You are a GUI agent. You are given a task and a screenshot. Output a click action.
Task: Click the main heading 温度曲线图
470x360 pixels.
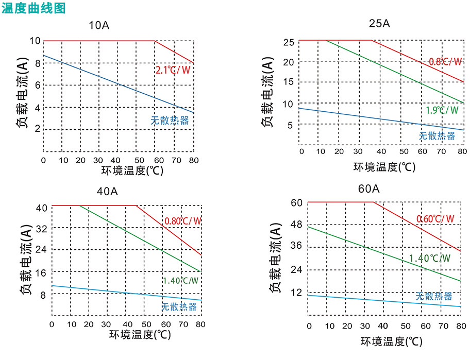point(34,8)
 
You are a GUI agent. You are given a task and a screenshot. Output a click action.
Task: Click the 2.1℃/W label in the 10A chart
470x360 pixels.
point(173,70)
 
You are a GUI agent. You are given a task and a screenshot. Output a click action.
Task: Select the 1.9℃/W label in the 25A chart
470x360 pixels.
point(442,110)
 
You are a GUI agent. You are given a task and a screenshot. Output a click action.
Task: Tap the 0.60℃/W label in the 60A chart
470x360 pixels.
point(435,218)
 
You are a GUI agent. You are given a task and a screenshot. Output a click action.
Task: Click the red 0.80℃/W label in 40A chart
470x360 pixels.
point(183,221)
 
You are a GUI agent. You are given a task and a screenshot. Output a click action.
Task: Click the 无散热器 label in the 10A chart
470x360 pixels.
point(170,121)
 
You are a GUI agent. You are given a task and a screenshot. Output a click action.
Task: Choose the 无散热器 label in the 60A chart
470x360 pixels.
point(434,296)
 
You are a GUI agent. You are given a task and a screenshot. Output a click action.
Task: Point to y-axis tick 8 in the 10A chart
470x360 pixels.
point(36,63)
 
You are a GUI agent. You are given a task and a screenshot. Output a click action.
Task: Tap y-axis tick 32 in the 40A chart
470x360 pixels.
point(40,228)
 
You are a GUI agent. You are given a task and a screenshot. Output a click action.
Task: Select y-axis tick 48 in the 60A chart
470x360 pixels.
point(296,225)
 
